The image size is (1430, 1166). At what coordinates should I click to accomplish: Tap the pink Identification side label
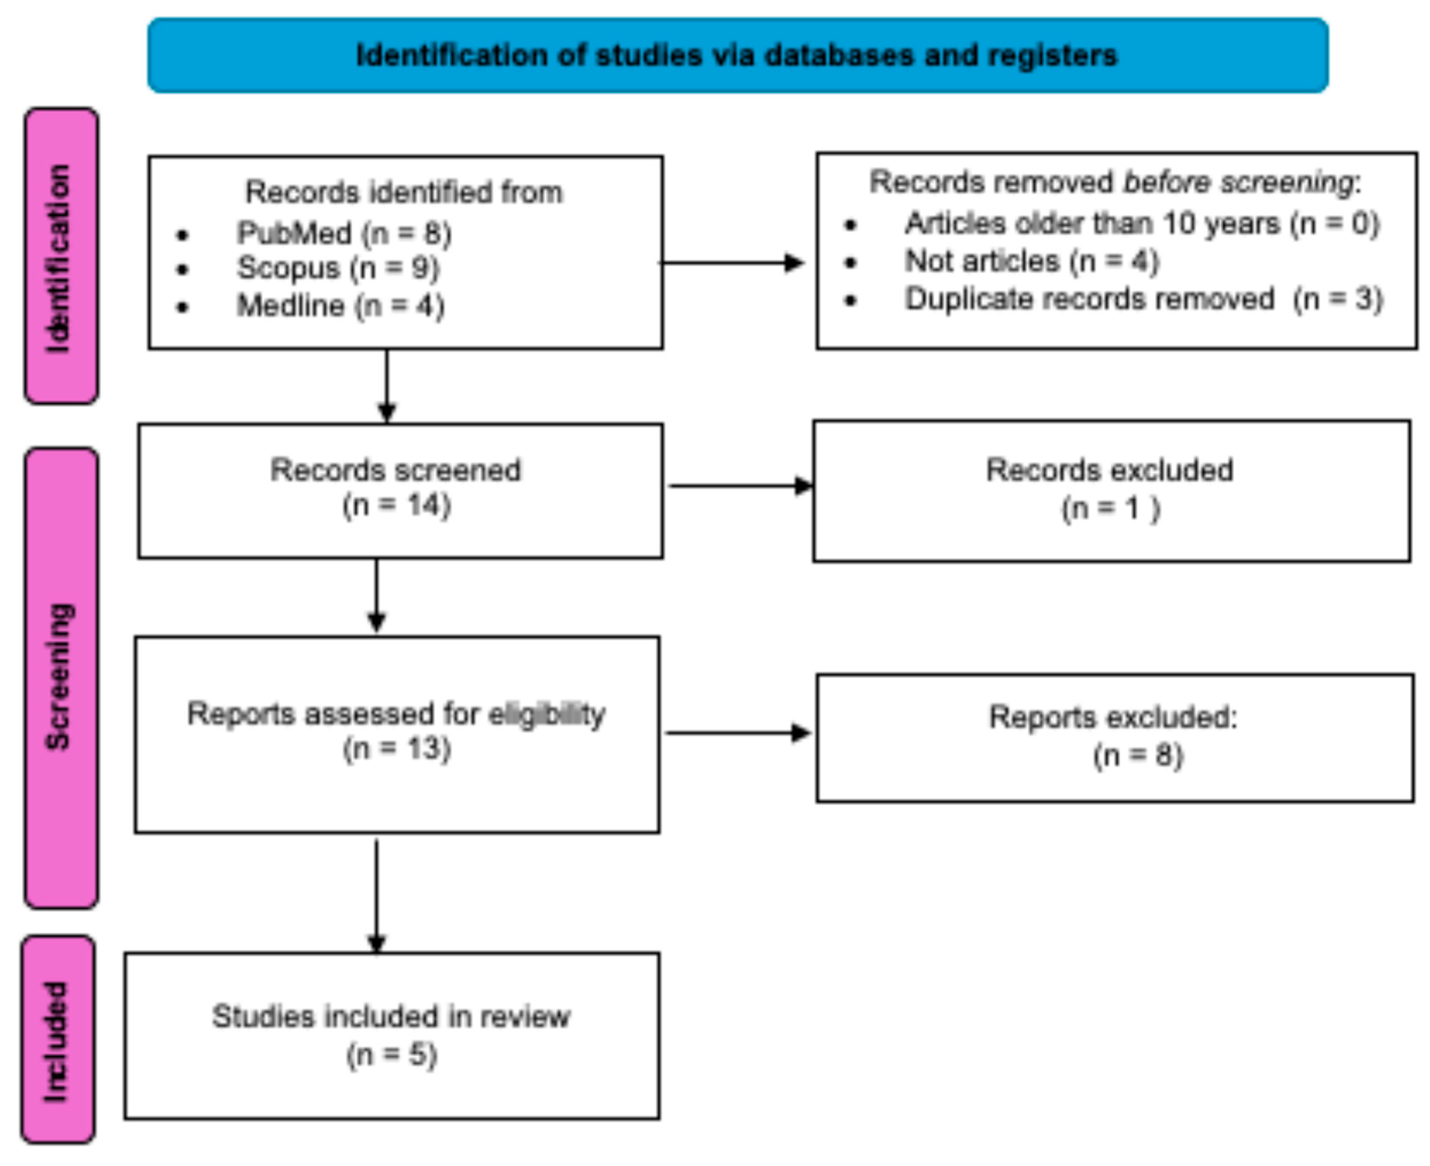(61, 256)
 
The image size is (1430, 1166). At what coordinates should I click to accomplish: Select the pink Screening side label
(61, 677)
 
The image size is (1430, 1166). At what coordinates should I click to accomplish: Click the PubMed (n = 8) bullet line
(344, 233)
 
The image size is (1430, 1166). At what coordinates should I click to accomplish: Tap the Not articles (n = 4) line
(1031, 261)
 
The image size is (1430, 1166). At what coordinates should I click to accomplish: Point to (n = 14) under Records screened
(396, 505)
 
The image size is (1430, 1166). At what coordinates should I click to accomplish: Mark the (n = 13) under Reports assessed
(396, 748)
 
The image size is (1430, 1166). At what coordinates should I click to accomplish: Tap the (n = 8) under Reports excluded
(1137, 756)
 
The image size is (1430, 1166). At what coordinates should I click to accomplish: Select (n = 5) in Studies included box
(392, 1055)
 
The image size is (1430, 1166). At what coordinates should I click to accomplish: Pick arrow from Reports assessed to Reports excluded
(738, 733)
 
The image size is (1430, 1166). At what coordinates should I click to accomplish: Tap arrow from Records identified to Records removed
(732, 263)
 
